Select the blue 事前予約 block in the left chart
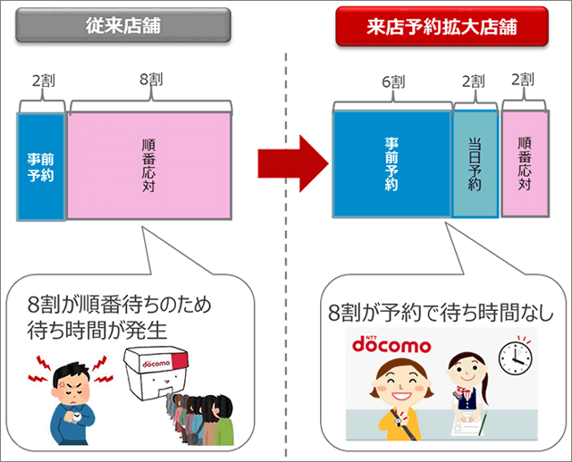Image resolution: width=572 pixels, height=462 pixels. point(41,166)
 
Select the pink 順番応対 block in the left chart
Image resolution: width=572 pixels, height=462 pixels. point(148,166)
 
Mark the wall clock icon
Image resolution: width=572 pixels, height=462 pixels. point(515,357)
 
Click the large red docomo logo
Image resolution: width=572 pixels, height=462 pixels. point(391,344)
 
